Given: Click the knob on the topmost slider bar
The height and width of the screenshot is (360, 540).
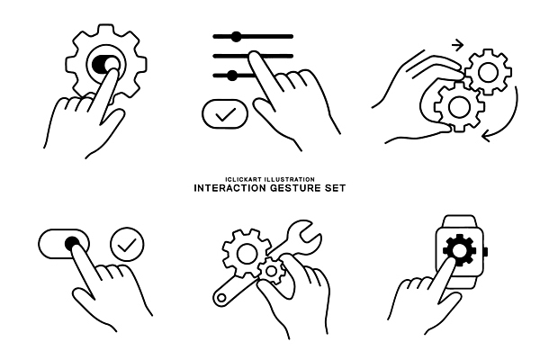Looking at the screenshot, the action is [x=236, y=37].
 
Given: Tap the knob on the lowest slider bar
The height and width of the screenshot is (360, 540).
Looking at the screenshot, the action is [x=232, y=76].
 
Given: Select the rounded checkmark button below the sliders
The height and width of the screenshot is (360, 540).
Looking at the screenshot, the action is [x=225, y=114].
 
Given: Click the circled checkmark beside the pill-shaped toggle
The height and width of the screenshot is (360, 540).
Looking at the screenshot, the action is [x=127, y=244].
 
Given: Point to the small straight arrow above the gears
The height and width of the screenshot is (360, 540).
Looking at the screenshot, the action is [x=457, y=46].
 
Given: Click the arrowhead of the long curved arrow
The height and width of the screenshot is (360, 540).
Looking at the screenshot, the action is [x=486, y=137].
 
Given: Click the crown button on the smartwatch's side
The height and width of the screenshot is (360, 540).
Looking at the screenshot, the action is [x=486, y=252].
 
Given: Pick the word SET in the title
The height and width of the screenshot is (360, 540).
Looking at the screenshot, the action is [x=335, y=188].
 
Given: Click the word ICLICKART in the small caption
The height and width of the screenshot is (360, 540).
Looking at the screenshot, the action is [x=242, y=179].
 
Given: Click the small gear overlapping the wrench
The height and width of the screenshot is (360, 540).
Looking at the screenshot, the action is [x=272, y=271].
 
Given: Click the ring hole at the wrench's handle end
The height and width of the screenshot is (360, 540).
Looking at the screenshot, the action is [x=222, y=298].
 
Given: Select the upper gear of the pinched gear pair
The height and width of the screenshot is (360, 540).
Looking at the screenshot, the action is [x=489, y=72].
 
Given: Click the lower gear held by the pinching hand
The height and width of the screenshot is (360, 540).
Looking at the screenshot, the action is [x=458, y=107].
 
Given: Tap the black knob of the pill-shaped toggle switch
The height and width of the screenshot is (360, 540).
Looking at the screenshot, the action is [x=72, y=244].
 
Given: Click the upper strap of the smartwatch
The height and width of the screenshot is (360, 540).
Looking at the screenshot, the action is [x=460, y=221].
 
